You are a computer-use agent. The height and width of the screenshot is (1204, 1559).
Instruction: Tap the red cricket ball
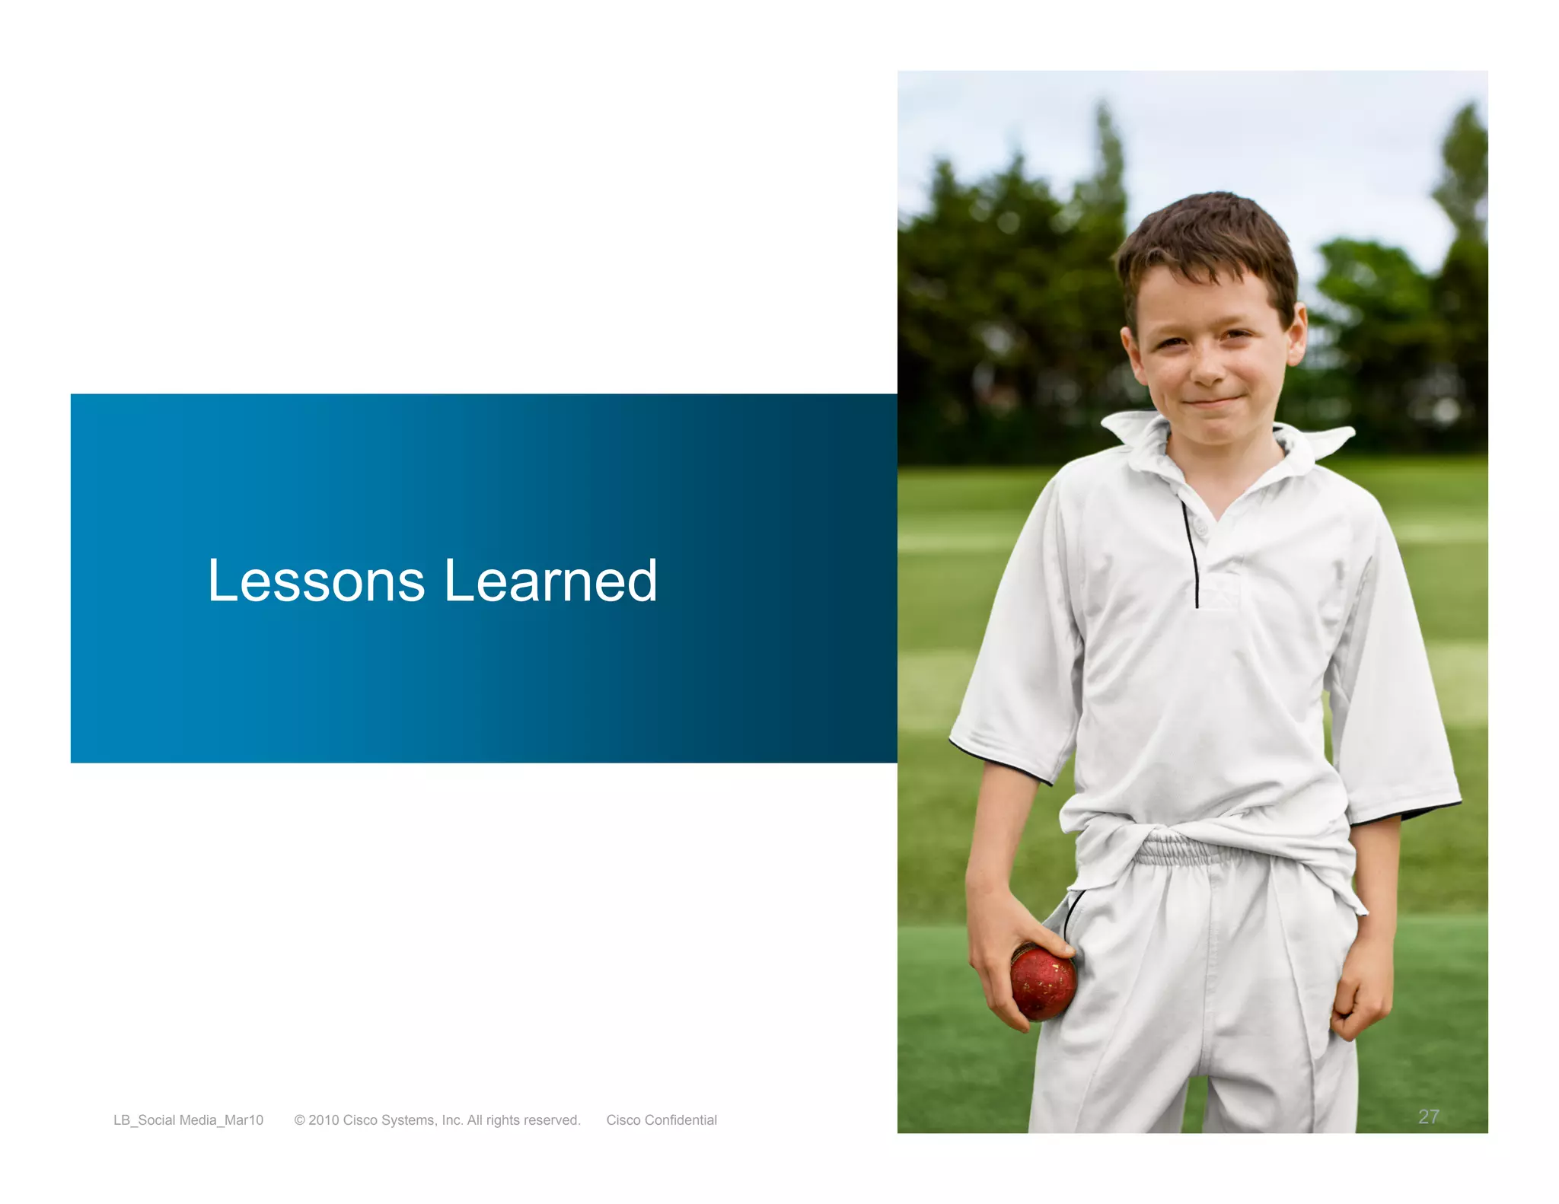[x=1043, y=982]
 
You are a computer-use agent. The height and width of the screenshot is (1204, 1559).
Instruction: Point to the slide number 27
[x=1428, y=1116]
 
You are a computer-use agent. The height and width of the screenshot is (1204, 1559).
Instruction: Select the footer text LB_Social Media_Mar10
[x=188, y=1120]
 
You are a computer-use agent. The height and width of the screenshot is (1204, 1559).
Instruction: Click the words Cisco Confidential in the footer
[x=662, y=1120]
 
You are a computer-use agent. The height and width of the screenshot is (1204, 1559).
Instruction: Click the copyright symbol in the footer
[x=300, y=1120]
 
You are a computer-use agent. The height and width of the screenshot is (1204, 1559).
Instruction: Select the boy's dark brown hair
[x=1210, y=236]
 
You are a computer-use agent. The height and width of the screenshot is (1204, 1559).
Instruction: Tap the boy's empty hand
[x=1363, y=997]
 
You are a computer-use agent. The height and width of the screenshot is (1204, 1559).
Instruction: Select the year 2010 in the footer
[x=324, y=1120]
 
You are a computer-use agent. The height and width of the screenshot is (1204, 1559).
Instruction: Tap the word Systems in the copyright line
[x=410, y=1120]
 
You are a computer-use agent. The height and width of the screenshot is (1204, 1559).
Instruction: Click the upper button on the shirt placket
[x=1200, y=527]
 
